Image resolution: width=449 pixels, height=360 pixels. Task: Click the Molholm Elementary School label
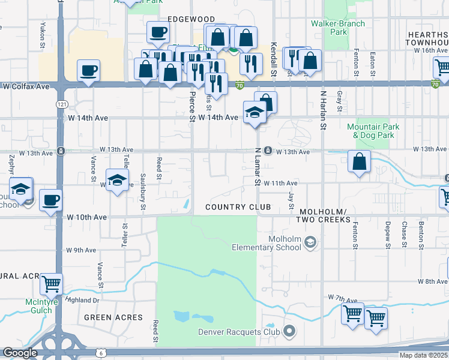coord(267,244)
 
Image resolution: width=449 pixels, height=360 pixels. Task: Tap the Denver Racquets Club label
coord(240,332)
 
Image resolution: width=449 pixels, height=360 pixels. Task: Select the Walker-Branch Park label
coord(330,28)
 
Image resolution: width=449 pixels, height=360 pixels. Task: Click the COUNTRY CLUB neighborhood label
coord(238,207)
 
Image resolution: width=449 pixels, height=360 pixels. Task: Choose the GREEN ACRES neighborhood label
coord(113,317)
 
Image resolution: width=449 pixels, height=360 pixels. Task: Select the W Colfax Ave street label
coord(26,86)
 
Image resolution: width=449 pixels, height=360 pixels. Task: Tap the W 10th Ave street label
coord(87,217)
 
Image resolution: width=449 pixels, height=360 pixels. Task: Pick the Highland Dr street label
coord(82,300)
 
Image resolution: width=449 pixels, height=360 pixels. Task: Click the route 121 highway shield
coord(62,104)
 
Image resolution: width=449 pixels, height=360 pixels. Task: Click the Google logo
coord(20,353)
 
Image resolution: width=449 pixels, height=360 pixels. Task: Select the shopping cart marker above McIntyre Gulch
coord(52,284)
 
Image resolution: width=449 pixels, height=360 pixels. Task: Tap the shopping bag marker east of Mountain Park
coord(358,161)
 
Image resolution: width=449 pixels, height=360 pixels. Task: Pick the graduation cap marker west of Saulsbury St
coord(118,179)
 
